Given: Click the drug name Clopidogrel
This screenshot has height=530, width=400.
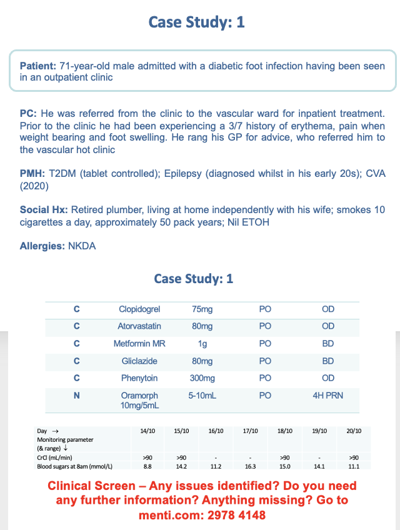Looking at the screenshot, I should [x=139, y=309].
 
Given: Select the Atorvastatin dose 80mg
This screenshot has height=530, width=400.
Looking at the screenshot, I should [x=202, y=326].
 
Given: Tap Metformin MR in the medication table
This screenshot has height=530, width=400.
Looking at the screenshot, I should [x=139, y=344].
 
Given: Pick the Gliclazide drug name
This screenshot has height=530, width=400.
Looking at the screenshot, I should [x=139, y=361].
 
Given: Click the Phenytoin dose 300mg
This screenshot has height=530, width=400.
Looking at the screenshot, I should [x=202, y=378].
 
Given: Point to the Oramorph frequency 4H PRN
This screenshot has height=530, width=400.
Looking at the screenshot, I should [x=327, y=396].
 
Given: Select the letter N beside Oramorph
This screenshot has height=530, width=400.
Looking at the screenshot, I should [x=77, y=396].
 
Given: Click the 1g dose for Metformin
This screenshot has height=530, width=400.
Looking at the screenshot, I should [x=202, y=344].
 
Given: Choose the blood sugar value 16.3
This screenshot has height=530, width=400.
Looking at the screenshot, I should [x=250, y=466].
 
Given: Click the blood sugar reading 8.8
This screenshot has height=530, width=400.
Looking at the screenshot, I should [x=148, y=466].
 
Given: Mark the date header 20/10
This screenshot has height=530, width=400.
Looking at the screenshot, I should [x=353, y=431].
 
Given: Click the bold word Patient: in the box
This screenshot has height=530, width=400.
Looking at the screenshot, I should [x=39, y=66].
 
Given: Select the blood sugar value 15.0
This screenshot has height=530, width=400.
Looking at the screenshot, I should [x=284, y=466].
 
